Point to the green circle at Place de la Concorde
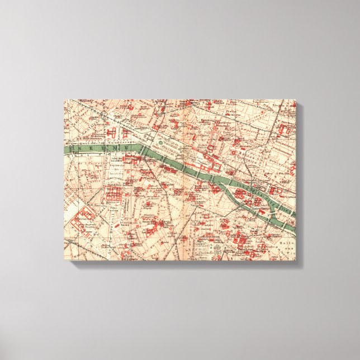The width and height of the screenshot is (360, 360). (161, 143)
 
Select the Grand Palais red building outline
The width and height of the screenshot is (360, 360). (112, 134)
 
